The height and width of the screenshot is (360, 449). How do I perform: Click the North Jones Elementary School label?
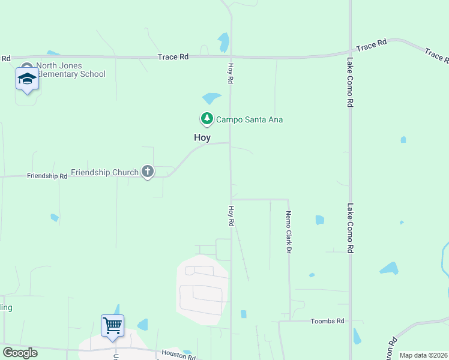click(71, 70)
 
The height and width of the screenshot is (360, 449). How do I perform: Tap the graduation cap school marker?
click(27, 79)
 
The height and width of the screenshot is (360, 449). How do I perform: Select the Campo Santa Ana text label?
click(249, 120)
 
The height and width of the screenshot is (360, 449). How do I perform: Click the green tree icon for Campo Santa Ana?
click(207, 119)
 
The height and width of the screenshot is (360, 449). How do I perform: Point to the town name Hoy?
click(202, 137)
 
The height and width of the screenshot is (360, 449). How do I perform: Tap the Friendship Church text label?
click(104, 172)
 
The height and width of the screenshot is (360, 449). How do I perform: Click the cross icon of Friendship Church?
click(147, 172)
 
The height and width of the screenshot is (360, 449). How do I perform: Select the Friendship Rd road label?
click(47, 176)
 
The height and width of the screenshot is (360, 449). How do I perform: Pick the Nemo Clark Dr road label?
click(288, 231)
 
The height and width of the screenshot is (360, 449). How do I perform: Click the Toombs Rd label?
click(327, 322)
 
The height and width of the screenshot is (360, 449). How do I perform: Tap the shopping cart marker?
click(112, 326)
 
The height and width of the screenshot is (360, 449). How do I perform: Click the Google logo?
click(20, 353)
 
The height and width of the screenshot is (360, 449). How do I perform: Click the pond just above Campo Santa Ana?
click(211, 98)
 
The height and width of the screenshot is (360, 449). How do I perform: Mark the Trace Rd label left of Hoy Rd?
click(173, 57)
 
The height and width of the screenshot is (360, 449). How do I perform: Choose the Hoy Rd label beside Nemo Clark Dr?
click(231, 216)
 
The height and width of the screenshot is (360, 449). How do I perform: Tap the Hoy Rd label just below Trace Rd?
click(231, 73)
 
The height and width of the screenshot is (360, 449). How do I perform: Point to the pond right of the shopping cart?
click(143, 325)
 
